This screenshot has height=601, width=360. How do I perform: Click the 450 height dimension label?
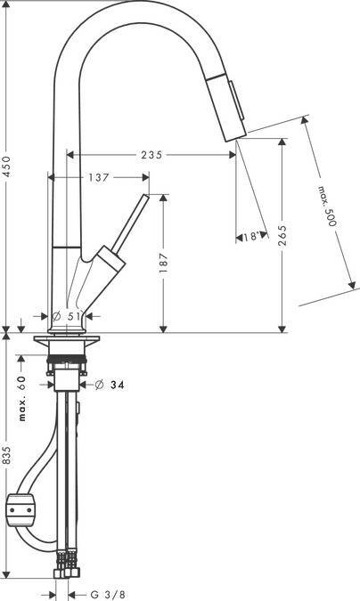pos(8,166)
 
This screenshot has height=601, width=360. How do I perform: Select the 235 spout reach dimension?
pos(152,155)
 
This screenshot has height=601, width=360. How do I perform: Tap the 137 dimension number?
pos(99,177)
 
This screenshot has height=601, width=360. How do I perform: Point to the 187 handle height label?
pos(163,263)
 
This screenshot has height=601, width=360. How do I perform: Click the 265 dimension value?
pos(282,235)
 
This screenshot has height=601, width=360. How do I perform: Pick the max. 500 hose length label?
pos(327,206)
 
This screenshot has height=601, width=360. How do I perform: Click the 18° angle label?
pos(252,237)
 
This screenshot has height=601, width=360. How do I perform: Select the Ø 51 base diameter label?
pos(67,316)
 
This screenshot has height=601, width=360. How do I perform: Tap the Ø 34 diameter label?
pos(110,385)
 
